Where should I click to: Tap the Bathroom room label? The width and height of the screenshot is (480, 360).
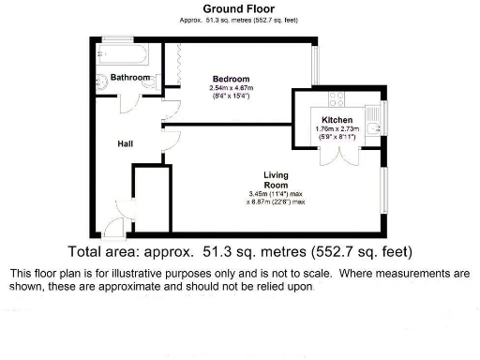pyautogui.click(x=130, y=77)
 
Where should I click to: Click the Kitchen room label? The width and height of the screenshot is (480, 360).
pyautogui.click(x=337, y=120)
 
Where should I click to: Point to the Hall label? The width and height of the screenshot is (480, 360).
pyautogui.click(x=126, y=144)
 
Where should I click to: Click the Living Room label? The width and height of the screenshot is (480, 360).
pyautogui.click(x=275, y=180)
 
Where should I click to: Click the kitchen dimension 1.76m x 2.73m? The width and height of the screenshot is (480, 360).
pyautogui.click(x=337, y=131)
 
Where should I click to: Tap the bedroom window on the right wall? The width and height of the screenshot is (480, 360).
pyautogui.click(x=315, y=64)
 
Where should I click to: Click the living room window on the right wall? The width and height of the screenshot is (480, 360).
pyautogui.click(x=383, y=195)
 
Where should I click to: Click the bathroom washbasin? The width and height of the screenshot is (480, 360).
pyautogui.click(x=152, y=82)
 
